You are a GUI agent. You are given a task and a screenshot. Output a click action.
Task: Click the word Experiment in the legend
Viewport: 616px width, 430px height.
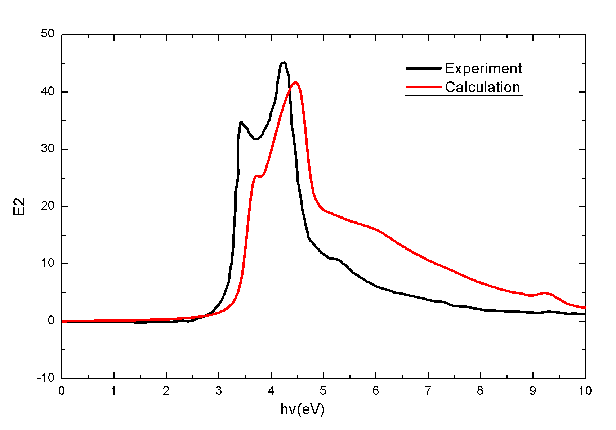click(483, 68)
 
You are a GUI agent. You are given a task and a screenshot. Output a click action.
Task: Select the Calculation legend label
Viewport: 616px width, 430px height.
click(482, 87)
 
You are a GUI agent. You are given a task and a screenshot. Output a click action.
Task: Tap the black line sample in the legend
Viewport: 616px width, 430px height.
click(423, 68)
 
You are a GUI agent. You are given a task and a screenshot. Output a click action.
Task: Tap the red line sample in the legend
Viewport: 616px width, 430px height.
click(423, 87)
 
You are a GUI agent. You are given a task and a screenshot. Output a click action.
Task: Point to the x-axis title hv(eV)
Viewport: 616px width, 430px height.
click(303, 409)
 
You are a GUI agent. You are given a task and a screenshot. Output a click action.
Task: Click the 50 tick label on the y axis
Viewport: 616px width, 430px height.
click(48, 34)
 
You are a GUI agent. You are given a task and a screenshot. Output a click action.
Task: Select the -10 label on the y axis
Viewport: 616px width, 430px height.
click(45, 378)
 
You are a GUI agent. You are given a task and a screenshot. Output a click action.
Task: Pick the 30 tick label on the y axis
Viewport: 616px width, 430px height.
click(48, 148)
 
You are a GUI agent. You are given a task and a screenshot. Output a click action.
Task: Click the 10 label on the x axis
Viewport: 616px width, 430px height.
click(585, 391)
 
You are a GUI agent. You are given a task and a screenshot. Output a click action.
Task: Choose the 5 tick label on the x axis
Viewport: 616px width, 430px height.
click(323, 391)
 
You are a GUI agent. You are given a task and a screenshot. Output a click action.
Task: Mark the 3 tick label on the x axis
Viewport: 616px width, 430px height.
click(219, 391)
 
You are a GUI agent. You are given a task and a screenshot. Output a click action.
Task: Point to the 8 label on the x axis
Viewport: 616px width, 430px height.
click(480, 391)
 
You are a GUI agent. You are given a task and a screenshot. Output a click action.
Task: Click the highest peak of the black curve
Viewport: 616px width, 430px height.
click(284, 63)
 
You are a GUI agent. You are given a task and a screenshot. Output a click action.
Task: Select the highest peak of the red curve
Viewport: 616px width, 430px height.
click(296, 82)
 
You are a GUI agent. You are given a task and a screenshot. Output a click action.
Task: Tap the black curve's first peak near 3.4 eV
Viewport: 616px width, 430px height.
click(241, 122)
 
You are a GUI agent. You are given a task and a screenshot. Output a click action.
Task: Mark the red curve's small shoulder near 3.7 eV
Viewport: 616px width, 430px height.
click(256, 176)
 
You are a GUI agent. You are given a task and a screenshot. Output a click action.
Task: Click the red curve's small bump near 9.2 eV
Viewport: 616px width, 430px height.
click(544, 293)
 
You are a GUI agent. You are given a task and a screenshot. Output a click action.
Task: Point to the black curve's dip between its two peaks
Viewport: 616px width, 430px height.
click(255, 139)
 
